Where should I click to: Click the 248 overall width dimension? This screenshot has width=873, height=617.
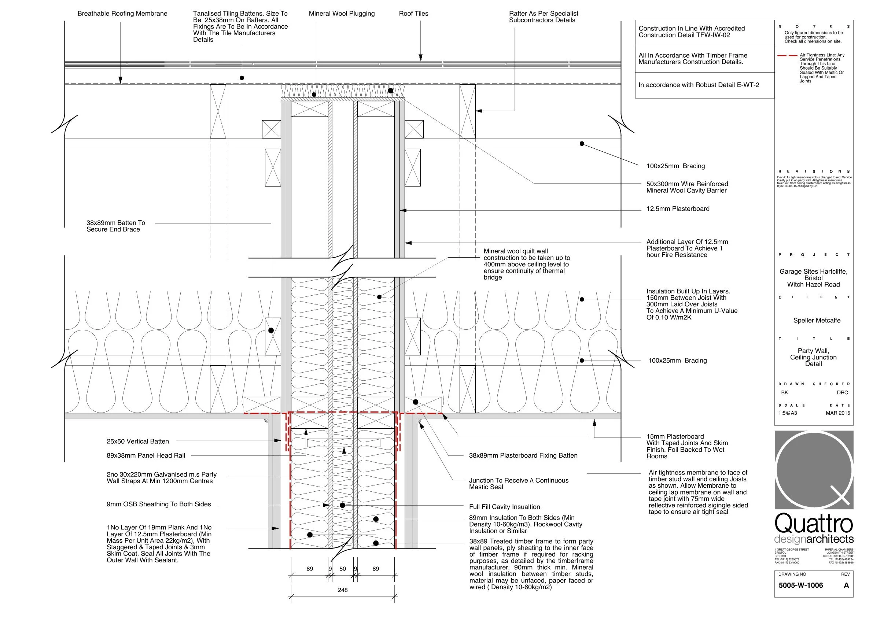point(342,590)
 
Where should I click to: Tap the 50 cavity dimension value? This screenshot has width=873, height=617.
point(343,569)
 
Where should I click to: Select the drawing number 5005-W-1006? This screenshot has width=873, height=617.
point(800,585)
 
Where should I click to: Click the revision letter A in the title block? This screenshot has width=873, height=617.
point(846,585)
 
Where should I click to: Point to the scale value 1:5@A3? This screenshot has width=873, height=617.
point(788,413)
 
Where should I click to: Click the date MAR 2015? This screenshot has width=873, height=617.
point(838,413)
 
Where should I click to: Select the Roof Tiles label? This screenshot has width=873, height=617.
point(413,14)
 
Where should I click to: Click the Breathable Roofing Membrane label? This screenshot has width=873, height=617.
point(122,14)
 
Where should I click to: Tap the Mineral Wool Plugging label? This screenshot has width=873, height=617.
point(342,14)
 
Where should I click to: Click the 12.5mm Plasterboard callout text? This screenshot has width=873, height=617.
point(678,209)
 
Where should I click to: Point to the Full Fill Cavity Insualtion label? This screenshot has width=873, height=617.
point(504,507)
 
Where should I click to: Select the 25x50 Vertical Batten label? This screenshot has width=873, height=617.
point(138,441)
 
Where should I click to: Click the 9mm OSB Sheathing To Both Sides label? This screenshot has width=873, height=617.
point(159,504)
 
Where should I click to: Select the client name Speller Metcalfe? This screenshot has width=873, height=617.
point(817,321)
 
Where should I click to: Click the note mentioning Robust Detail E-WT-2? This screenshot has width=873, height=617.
point(699,85)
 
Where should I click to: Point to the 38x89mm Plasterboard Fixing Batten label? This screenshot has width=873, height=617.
point(523,455)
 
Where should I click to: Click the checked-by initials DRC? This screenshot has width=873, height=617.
point(842,392)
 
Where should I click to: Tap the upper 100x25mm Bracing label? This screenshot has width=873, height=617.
point(675,166)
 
